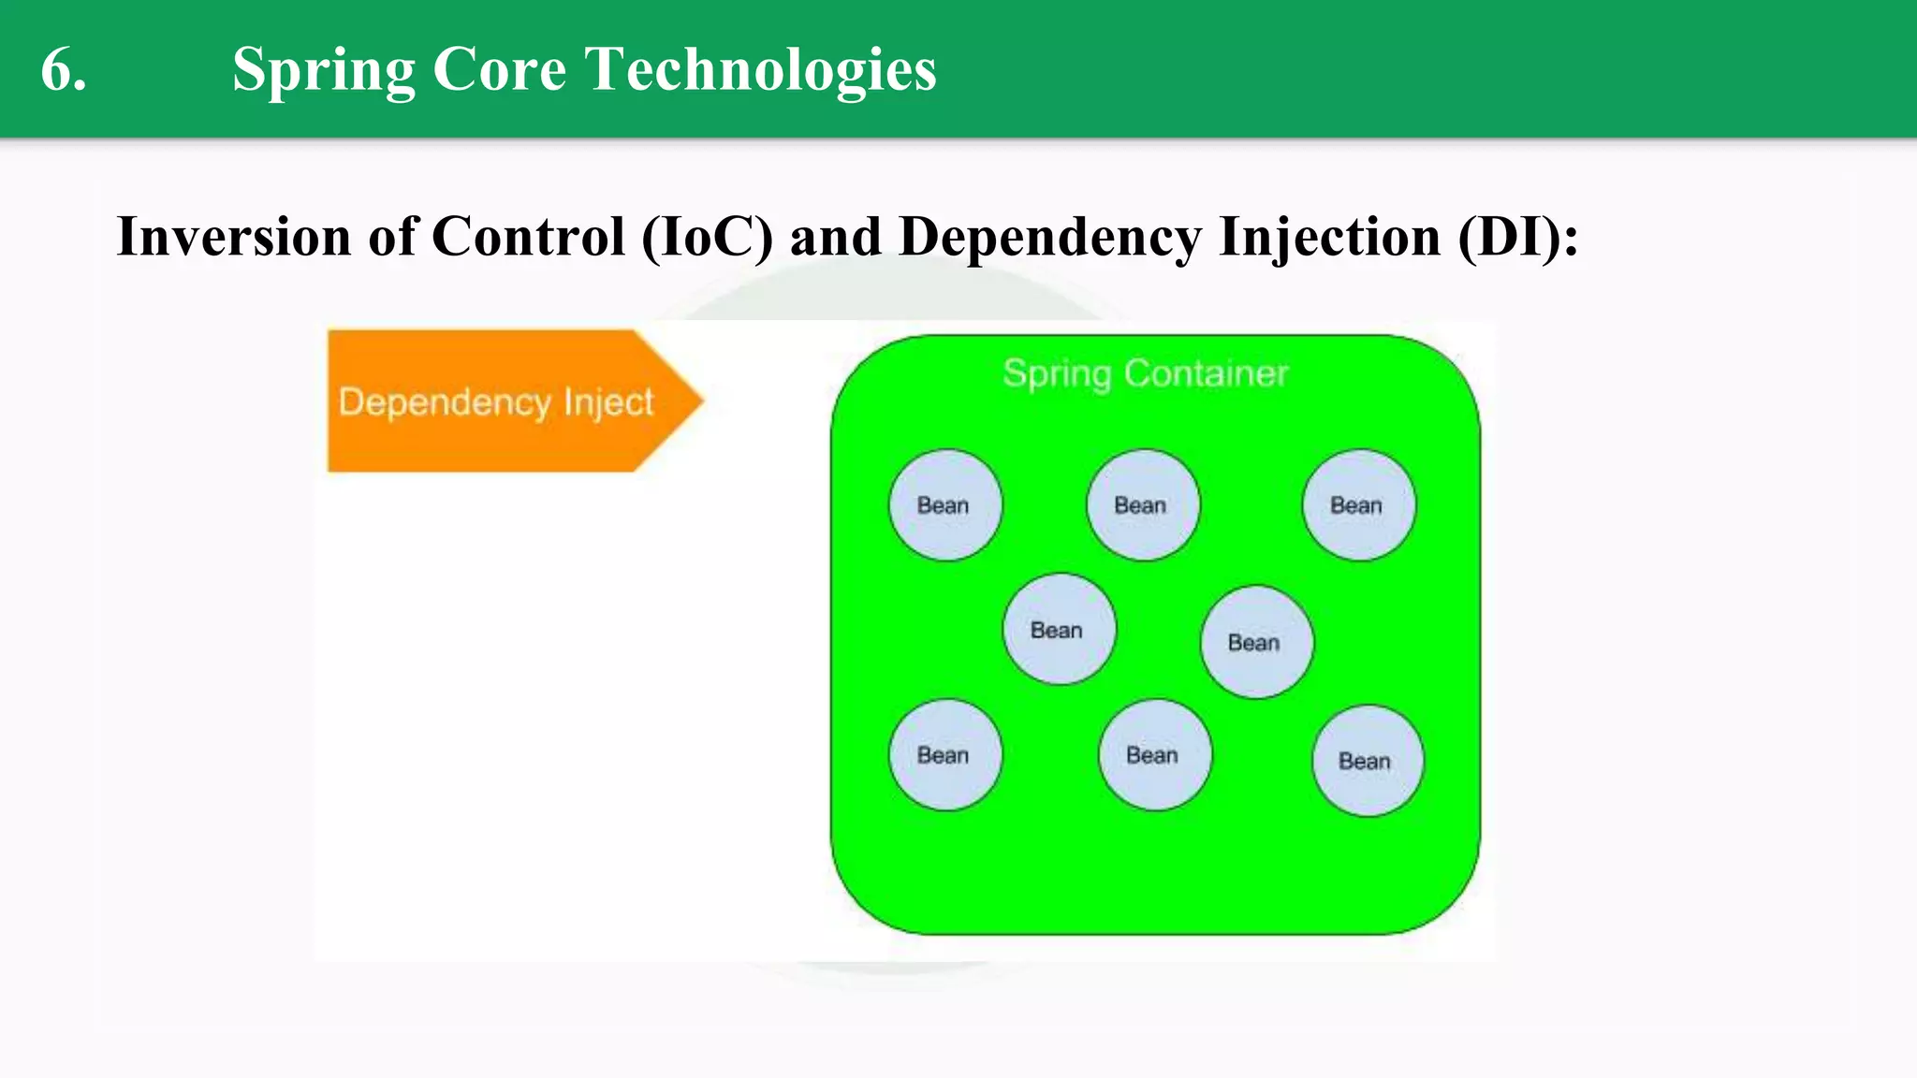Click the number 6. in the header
click(x=64, y=70)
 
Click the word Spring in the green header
click(x=324, y=70)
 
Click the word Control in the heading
click(x=528, y=236)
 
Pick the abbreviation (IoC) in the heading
click(x=708, y=236)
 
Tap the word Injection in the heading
click(x=1329, y=236)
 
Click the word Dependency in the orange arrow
click(x=445, y=402)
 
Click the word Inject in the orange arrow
click(x=607, y=402)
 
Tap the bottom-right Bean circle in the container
click(x=1368, y=761)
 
